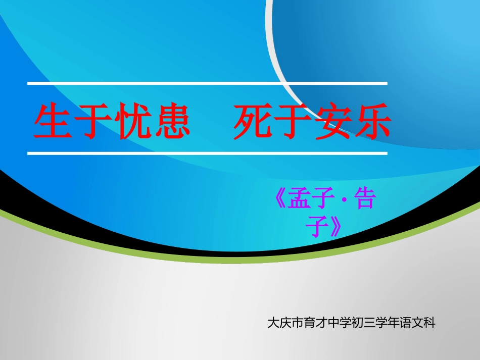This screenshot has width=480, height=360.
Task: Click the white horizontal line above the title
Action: click(207, 83)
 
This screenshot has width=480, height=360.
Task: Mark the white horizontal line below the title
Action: click(207, 152)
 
